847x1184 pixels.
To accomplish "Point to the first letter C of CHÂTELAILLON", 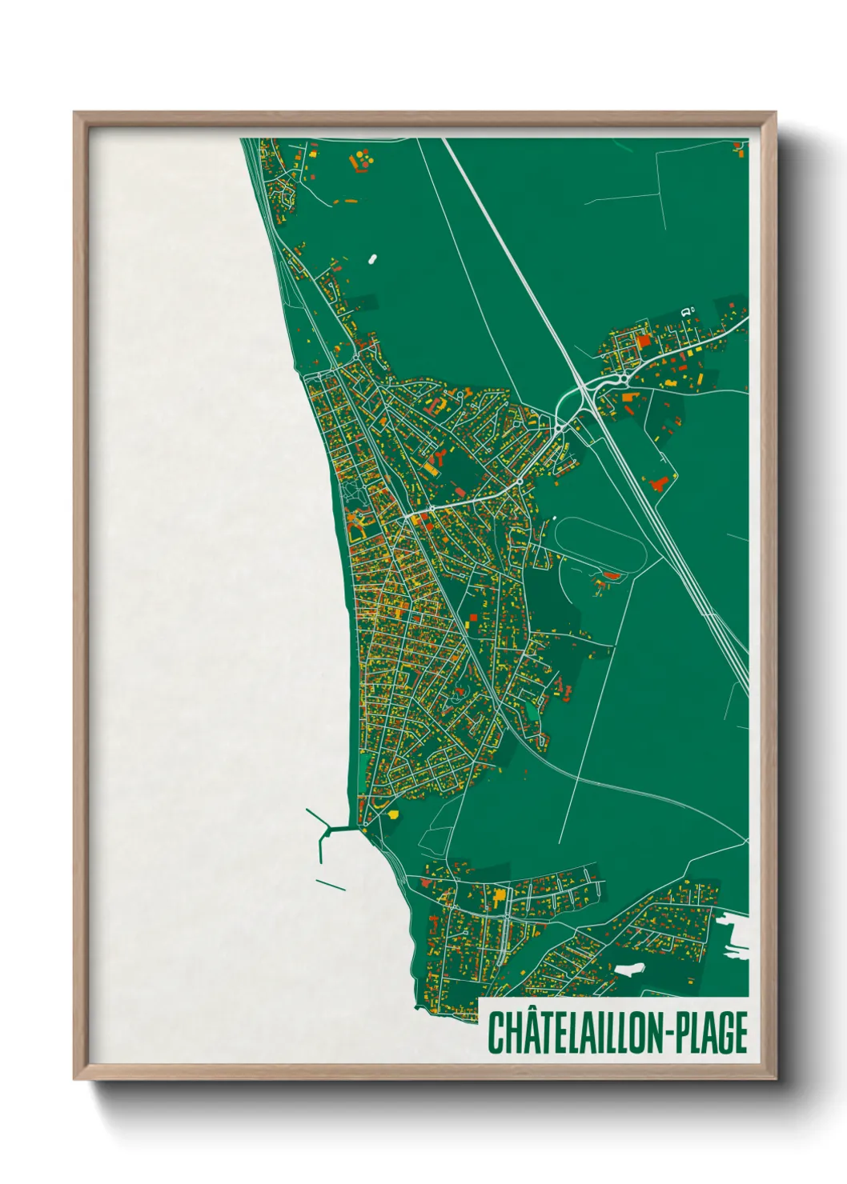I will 497,1033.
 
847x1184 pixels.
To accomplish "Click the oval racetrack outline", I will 600,545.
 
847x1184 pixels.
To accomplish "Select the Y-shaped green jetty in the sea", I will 323,832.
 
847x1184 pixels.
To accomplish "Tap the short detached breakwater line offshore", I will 331,885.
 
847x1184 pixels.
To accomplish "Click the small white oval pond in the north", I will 371,259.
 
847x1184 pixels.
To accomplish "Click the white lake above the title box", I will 628,969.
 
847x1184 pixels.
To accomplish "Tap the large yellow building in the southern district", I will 500,896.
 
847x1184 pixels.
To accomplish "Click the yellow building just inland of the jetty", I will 392,814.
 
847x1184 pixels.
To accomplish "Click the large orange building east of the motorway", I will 659,483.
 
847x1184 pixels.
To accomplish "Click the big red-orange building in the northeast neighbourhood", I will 644,341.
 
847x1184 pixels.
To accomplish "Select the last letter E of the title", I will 740,1033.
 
